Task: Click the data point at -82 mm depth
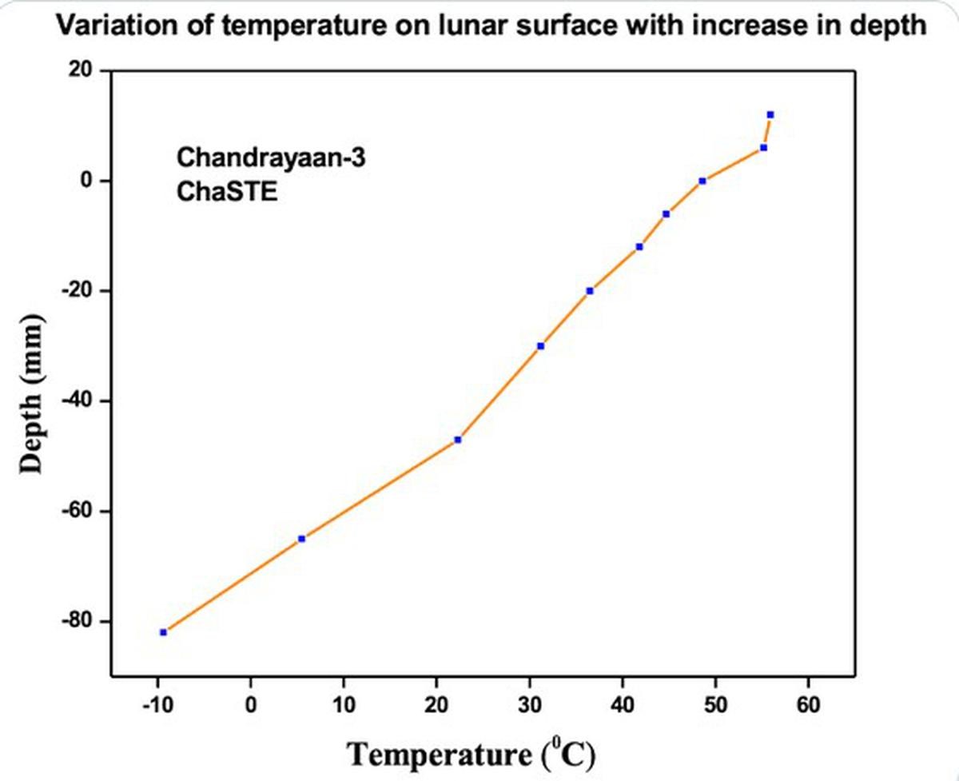click(x=163, y=632)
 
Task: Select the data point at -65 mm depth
click(x=301, y=539)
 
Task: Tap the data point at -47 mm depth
click(x=457, y=440)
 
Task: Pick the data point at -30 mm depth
click(x=540, y=346)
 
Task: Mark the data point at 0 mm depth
click(x=702, y=181)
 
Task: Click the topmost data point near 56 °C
click(x=770, y=115)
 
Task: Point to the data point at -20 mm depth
click(x=590, y=291)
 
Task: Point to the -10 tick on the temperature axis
click(x=158, y=705)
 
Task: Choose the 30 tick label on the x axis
click(x=529, y=705)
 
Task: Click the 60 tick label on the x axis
click(x=808, y=705)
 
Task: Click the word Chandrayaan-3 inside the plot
click(x=271, y=157)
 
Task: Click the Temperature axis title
click(x=472, y=754)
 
